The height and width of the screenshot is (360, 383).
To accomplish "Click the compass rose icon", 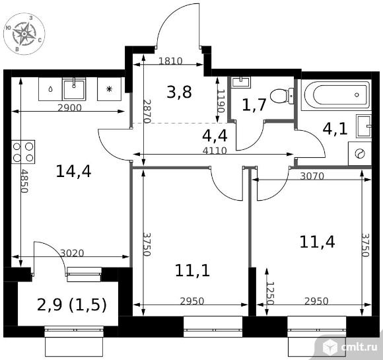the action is [24, 34].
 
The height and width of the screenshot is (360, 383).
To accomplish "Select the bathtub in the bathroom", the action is [336, 95].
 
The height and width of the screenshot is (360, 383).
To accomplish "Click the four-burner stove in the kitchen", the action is [23, 152].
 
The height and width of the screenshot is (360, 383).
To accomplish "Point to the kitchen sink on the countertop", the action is [74, 89].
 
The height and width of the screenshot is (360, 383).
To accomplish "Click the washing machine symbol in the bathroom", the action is [360, 154].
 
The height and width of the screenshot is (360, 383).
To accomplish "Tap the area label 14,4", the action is [73, 171].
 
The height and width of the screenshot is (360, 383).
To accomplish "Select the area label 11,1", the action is [192, 271].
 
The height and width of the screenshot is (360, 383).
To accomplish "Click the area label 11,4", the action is [317, 242].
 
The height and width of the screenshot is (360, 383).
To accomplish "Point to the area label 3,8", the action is [180, 92].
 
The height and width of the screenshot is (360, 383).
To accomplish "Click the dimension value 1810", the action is [170, 61].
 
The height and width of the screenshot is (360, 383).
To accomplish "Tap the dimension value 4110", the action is [215, 151].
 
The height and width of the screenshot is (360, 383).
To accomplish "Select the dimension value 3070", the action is [312, 176].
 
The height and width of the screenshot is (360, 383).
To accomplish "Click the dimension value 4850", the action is [24, 181].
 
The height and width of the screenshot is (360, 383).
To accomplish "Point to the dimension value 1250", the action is [270, 293].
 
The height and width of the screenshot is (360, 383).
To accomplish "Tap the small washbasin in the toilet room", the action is [241, 82].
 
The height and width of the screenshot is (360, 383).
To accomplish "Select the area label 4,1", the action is [335, 129].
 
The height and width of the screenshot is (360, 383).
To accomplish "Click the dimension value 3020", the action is [72, 253].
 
